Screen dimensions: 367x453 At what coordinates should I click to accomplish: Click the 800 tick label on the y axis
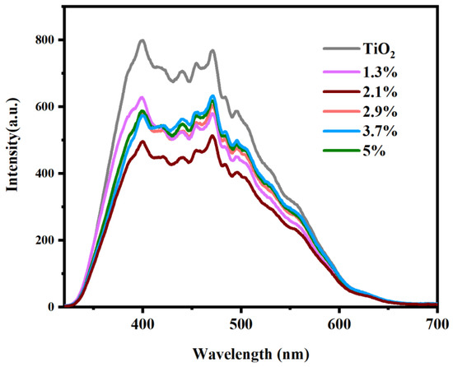[x=45, y=39]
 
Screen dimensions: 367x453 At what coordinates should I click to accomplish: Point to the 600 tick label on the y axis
[x=45, y=106]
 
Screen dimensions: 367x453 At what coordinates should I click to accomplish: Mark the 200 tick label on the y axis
[x=45, y=240]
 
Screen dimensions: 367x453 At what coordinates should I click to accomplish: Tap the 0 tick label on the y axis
[x=52, y=307]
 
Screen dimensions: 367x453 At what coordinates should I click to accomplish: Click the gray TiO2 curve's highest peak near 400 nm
[x=142, y=39]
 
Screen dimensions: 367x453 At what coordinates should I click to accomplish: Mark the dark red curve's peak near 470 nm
[x=212, y=136]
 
